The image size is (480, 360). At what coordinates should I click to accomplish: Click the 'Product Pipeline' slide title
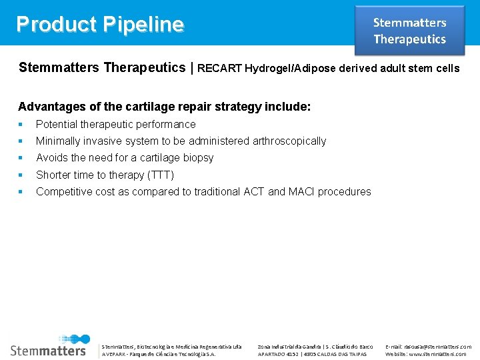pyautogui.click(x=100, y=24)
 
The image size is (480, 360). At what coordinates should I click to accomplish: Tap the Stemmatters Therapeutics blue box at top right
pyautogui.click(x=409, y=31)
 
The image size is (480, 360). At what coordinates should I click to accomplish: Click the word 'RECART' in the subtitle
pyautogui.click(x=220, y=68)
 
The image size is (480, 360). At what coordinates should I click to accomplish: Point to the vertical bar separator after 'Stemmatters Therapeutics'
pyautogui.click(x=192, y=67)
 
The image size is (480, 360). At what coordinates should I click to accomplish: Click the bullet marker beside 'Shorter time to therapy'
pyautogui.click(x=21, y=175)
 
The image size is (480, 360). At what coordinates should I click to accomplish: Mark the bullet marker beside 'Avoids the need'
pyautogui.click(x=21, y=158)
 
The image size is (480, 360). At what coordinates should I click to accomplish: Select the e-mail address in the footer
pyautogui.click(x=428, y=347)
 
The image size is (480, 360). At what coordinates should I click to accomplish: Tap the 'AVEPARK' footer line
pyautogui.click(x=158, y=354)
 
